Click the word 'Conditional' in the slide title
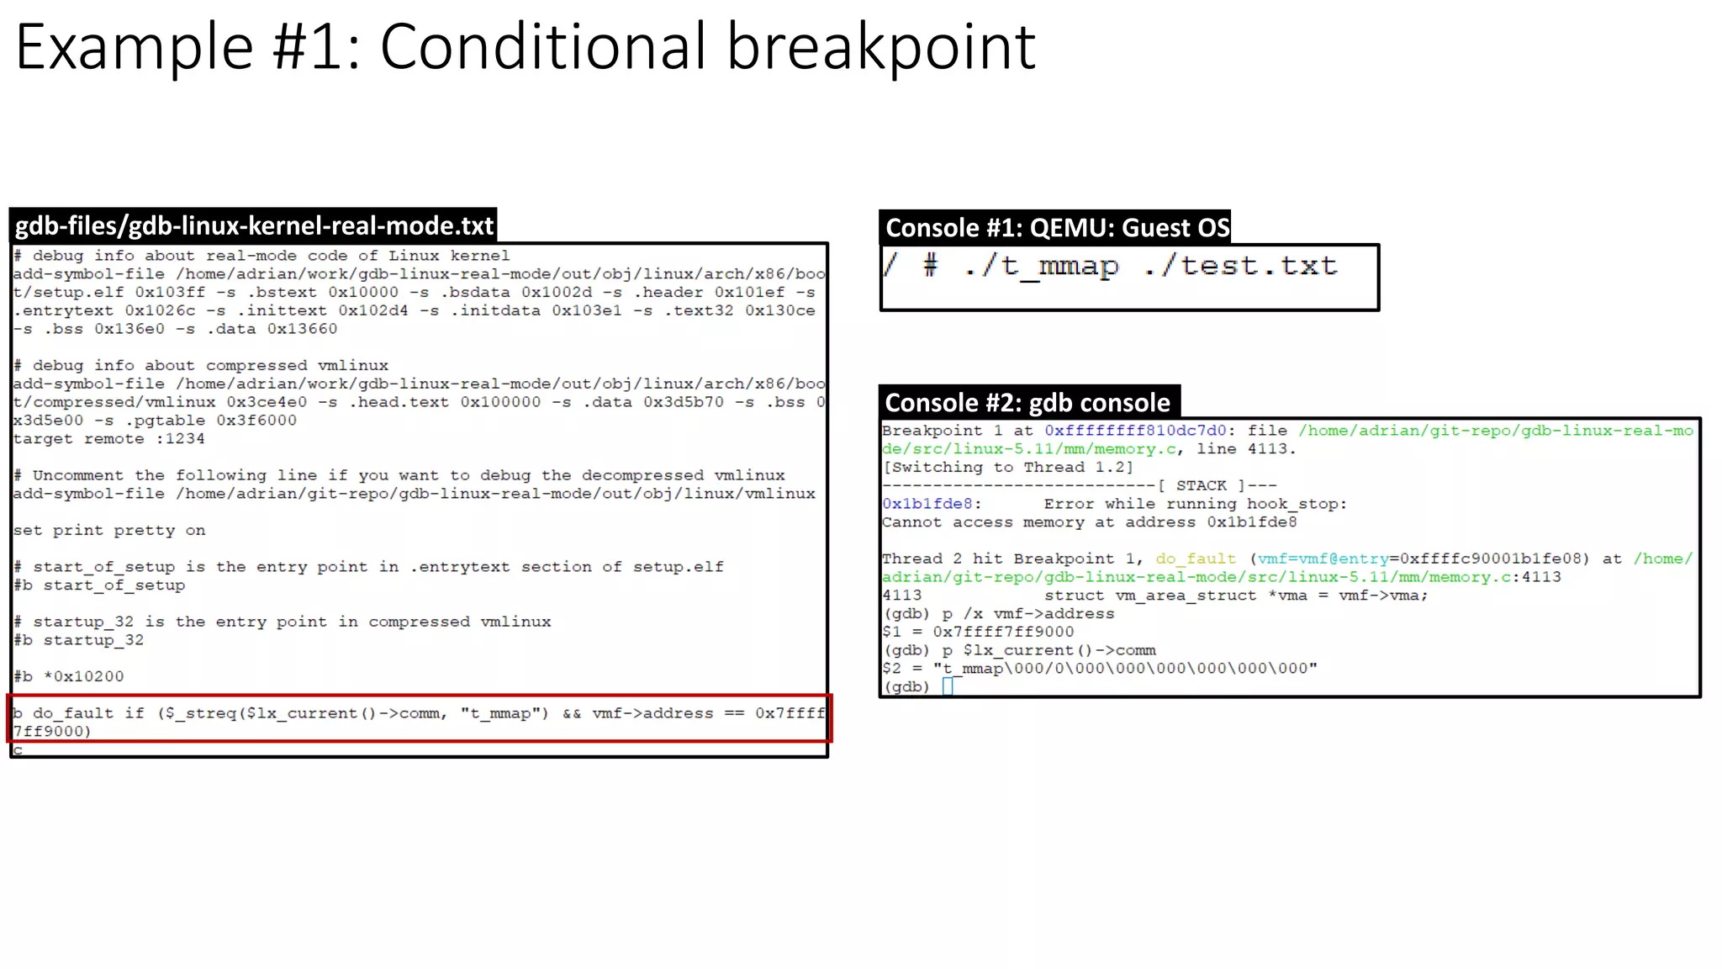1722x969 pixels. tap(543, 47)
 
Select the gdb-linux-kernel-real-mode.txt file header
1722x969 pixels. tap(254, 225)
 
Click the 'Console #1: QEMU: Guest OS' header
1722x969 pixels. tap(1057, 228)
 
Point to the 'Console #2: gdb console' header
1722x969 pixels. tap(1027, 403)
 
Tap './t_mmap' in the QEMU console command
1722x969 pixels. tap(1041, 267)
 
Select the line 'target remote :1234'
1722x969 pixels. tap(108, 439)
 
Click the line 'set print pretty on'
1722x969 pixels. tap(109, 531)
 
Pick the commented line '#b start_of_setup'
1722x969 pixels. tap(99, 585)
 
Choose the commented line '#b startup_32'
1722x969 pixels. tap(79, 640)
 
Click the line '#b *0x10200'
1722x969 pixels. tap(69, 677)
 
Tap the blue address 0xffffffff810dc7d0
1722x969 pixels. tap(1135, 431)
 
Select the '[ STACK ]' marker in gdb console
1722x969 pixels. tap(1202, 485)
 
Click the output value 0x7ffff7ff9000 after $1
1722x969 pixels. tap(1003, 632)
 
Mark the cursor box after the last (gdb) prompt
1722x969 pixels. tap(948, 686)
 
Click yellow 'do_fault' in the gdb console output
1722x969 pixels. tap(1196, 559)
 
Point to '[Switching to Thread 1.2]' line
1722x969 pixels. tap(1007, 467)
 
